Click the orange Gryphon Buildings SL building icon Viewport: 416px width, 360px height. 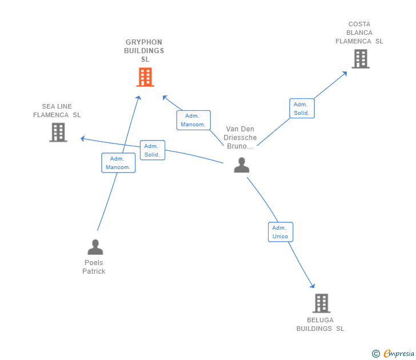pos(145,77)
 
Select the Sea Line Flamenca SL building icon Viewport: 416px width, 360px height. pos(58,132)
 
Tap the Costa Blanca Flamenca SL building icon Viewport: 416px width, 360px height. pos(360,59)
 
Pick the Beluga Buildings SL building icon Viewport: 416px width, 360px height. pos(321,303)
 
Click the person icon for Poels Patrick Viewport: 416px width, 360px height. pos(95,247)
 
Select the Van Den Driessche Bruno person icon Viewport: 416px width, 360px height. pos(242,165)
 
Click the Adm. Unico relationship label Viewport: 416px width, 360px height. pos(280,232)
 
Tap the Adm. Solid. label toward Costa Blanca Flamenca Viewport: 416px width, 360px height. pos(301,109)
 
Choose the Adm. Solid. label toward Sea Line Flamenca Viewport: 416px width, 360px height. pos(152,150)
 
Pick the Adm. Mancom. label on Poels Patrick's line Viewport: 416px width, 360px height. pos(118,163)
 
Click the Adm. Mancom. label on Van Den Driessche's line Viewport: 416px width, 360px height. pos(193,120)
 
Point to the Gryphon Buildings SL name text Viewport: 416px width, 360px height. pos(144,51)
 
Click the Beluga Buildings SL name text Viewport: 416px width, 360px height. pos(320,325)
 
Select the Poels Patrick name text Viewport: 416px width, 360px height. pos(94,267)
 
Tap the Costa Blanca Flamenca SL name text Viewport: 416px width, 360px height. pos(359,33)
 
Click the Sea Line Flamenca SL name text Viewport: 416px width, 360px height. pos(57,110)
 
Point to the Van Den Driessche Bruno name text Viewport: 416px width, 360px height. pos(240,138)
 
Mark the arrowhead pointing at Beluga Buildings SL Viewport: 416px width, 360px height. pos(313,286)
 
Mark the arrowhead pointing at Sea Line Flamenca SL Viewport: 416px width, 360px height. pos(83,138)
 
